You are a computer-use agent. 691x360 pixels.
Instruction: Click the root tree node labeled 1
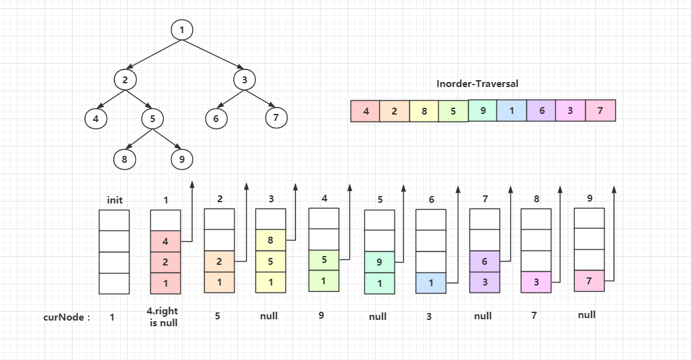click(182, 29)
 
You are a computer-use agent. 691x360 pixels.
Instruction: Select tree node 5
click(152, 118)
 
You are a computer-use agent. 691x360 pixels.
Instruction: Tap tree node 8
click(125, 159)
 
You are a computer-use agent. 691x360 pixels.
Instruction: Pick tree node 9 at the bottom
click(182, 159)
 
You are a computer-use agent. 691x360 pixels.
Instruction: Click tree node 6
click(216, 118)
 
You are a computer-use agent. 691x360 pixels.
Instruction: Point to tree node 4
click(96, 118)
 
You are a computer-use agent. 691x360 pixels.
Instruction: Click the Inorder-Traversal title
click(478, 83)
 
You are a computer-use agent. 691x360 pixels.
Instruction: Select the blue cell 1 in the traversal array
click(512, 111)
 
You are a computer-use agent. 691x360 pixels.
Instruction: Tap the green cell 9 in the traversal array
click(483, 111)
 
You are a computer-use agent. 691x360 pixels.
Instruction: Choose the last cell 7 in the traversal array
click(600, 111)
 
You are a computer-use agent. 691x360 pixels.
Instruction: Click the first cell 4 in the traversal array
click(366, 111)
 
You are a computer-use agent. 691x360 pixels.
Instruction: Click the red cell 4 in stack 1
click(165, 241)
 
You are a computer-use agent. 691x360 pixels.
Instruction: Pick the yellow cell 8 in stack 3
click(270, 240)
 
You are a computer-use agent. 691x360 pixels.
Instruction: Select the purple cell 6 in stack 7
click(484, 262)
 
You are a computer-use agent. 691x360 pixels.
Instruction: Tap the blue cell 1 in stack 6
click(431, 283)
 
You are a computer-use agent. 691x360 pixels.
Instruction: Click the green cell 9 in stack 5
click(379, 262)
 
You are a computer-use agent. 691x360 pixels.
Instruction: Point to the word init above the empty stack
click(115, 200)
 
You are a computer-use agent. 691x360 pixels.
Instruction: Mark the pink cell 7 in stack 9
click(589, 281)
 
